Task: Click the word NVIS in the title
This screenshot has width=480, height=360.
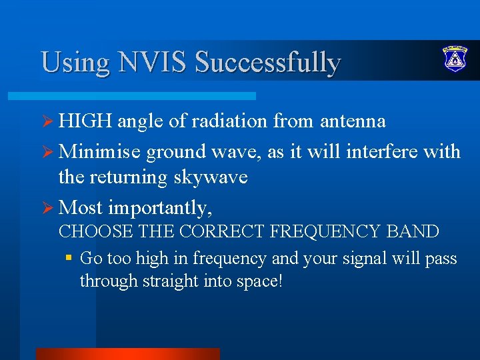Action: point(153,62)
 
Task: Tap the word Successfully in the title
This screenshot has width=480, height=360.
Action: point(267,62)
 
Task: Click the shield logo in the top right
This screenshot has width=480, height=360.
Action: point(455,59)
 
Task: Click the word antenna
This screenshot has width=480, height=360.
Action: point(353,121)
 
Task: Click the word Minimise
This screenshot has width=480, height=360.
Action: point(99,151)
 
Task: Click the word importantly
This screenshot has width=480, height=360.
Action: point(160,208)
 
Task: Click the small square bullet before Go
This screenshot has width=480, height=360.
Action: point(69,257)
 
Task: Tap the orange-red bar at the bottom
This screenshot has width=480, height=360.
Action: point(127,353)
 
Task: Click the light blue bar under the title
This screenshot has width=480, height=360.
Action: point(147,96)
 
